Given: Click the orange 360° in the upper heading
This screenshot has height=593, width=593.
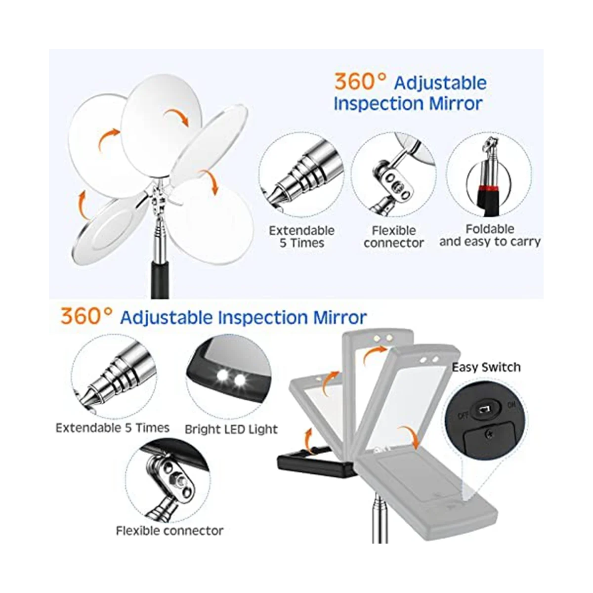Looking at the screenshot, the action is coord(360,82).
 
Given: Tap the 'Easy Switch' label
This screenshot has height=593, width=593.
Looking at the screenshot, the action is coord(486,367).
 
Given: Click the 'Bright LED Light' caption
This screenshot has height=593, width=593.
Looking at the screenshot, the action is coord(231,429).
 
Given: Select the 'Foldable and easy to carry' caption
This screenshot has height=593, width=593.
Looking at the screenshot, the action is coord(490,235).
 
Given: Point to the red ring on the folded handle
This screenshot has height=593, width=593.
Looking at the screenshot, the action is coord(490,188).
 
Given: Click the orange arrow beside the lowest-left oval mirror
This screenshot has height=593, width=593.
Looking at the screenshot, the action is coord(83,205).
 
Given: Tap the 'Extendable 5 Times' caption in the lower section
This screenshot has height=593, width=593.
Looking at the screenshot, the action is coord(113,428).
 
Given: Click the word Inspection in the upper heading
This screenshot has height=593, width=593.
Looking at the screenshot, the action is coord(379,104).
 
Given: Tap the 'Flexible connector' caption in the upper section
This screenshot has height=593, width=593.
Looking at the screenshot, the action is coord(394,237).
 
